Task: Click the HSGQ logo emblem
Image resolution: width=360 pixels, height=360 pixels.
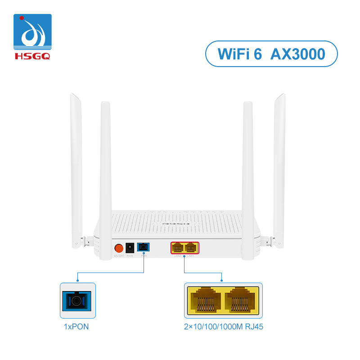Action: pos(32,32)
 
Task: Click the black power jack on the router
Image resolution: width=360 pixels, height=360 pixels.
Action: pos(130,247)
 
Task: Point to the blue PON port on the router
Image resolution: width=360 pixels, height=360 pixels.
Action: pos(144,247)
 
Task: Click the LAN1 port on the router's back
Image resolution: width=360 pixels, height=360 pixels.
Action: pos(191,247)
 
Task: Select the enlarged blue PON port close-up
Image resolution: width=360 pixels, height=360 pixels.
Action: pos(78,301)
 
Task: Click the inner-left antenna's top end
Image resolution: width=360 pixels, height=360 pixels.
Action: pos(105,104)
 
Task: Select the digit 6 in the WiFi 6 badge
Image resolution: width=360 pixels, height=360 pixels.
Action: pos(264,54)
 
